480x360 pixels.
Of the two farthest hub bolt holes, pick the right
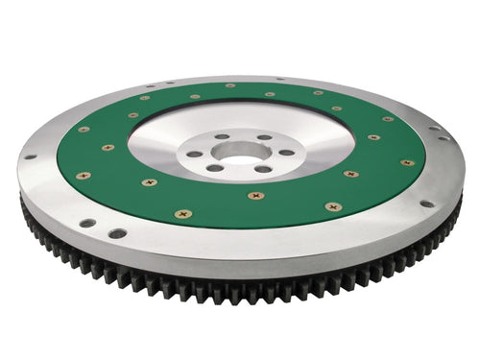tap(261, 137)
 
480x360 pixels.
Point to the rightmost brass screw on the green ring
tap(407, 162)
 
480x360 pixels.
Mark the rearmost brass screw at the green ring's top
tap(230, 85)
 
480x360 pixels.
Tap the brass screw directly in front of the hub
tap(254, 196)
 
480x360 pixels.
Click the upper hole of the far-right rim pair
tap(433, 128)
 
